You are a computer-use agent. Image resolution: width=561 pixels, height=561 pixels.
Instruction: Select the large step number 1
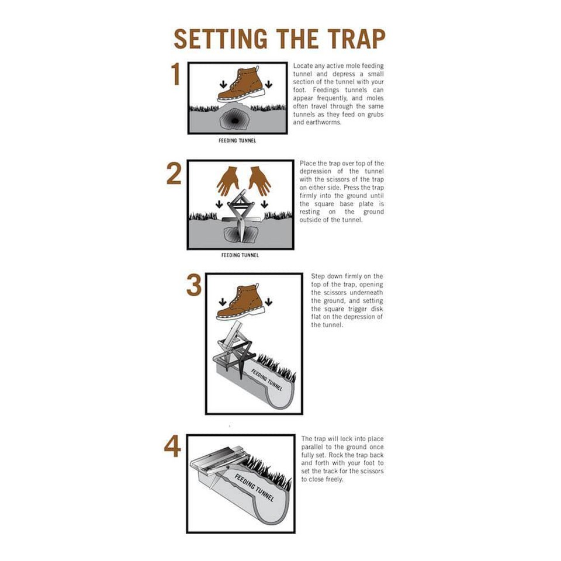pos(176,75)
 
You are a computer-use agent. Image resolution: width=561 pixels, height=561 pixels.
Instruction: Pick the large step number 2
pos(174,174)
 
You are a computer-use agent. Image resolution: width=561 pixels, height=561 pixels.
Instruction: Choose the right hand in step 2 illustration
pos(259,180)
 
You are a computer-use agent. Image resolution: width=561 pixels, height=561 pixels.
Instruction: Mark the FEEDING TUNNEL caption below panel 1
pos(237,141)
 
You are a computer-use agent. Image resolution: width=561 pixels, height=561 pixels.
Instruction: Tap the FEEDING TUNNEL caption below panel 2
pos(240,255)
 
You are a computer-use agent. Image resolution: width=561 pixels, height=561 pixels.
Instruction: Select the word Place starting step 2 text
pos(309,163)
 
